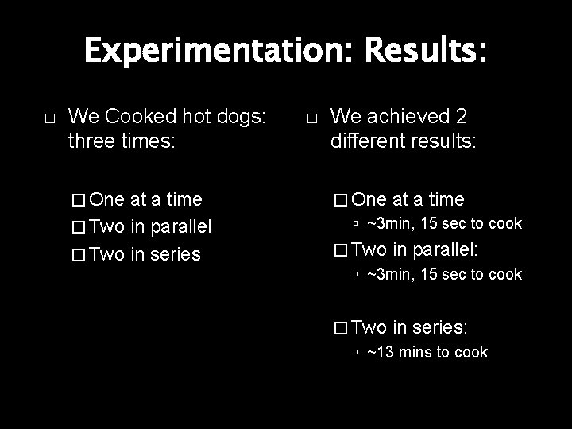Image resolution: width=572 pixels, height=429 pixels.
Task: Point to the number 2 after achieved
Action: click(x=460, y=116)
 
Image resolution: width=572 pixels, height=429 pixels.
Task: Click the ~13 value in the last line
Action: click(x=381, y=352)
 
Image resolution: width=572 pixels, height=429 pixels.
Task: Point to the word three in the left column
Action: click(x=94, y=143)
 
